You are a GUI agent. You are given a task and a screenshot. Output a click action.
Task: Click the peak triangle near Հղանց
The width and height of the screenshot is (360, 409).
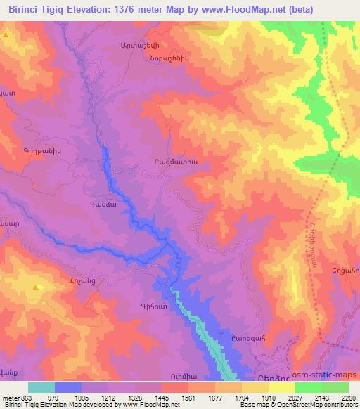coord(36,287)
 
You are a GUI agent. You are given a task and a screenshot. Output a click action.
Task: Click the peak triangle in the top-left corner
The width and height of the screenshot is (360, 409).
coord(6,34)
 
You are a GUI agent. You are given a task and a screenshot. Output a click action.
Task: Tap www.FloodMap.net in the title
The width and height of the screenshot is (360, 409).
coord(239,9)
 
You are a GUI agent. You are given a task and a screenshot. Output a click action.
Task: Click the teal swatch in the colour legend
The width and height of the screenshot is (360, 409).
coord(41,387)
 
